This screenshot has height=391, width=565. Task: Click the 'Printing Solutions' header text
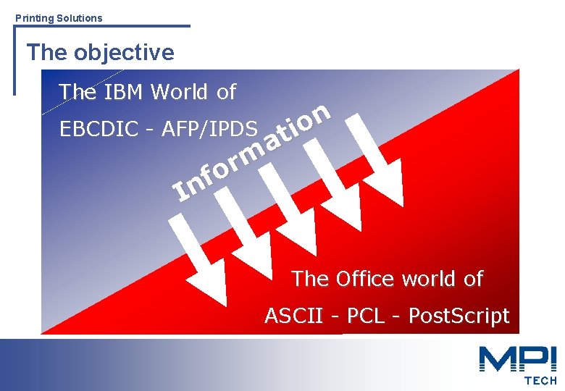click(59, 17)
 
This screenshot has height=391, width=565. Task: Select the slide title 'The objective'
click(100, 52)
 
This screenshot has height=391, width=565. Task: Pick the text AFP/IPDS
click(210, 129)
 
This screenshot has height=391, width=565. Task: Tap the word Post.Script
click(459, 316)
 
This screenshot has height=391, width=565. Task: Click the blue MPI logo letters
click(516, 359)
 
